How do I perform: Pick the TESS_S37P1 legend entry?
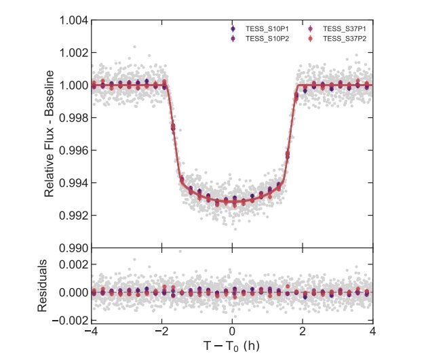click(x=343, y=29)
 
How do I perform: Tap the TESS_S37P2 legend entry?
click(x=343, y=39)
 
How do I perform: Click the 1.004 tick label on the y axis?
click(x=73, y=20)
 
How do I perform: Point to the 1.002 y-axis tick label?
click(x=73, y=53)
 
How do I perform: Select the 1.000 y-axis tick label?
click(x=73, y=85)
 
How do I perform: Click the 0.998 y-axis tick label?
click(x=73, y=118)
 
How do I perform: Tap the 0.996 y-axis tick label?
click(x=73, y=151)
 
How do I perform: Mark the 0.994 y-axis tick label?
click(x=73, y=183)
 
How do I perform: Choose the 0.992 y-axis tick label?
click(x=73, y=216)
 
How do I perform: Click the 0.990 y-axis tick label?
click(x=73, y=248)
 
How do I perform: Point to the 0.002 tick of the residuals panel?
click(x=73, y=264)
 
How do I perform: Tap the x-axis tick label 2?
click(x=303, y=332)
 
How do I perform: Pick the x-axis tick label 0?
click(x=232, y=332)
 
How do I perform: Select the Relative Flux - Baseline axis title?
click(x=50, y=134)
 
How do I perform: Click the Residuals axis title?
click(x=42, y=285)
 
